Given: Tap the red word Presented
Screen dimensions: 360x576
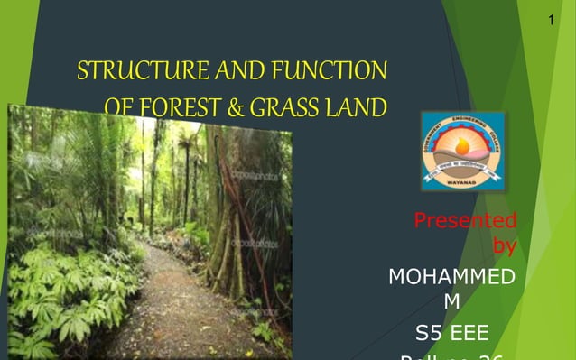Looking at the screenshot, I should tap(465, 220).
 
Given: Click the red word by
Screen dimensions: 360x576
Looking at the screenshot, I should tap(506, 245).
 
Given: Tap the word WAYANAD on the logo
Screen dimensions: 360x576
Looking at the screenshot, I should tap(463, 180).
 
